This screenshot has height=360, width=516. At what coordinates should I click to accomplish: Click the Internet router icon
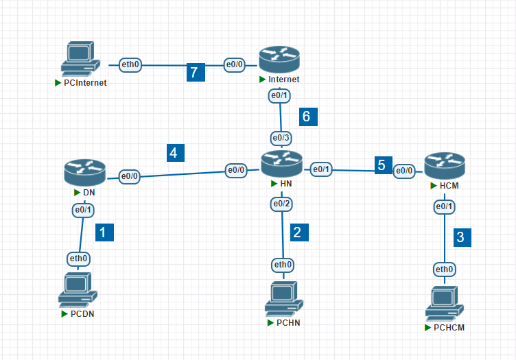point(280,60)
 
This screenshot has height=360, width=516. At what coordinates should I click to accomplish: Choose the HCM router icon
point(445,167)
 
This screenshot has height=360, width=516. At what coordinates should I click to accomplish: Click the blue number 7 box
point(196,72)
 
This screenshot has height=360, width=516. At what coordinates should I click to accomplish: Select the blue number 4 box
point(176,153)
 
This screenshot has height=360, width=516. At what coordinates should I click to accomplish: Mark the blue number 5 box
point(382,165)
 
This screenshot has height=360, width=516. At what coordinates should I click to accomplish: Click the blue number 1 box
point(104,232)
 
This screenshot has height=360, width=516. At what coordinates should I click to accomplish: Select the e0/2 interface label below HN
point(282,204)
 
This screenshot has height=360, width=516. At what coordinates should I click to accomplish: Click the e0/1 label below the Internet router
point(279,96)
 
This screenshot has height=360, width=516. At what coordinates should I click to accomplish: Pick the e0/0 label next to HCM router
point(404,171)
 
